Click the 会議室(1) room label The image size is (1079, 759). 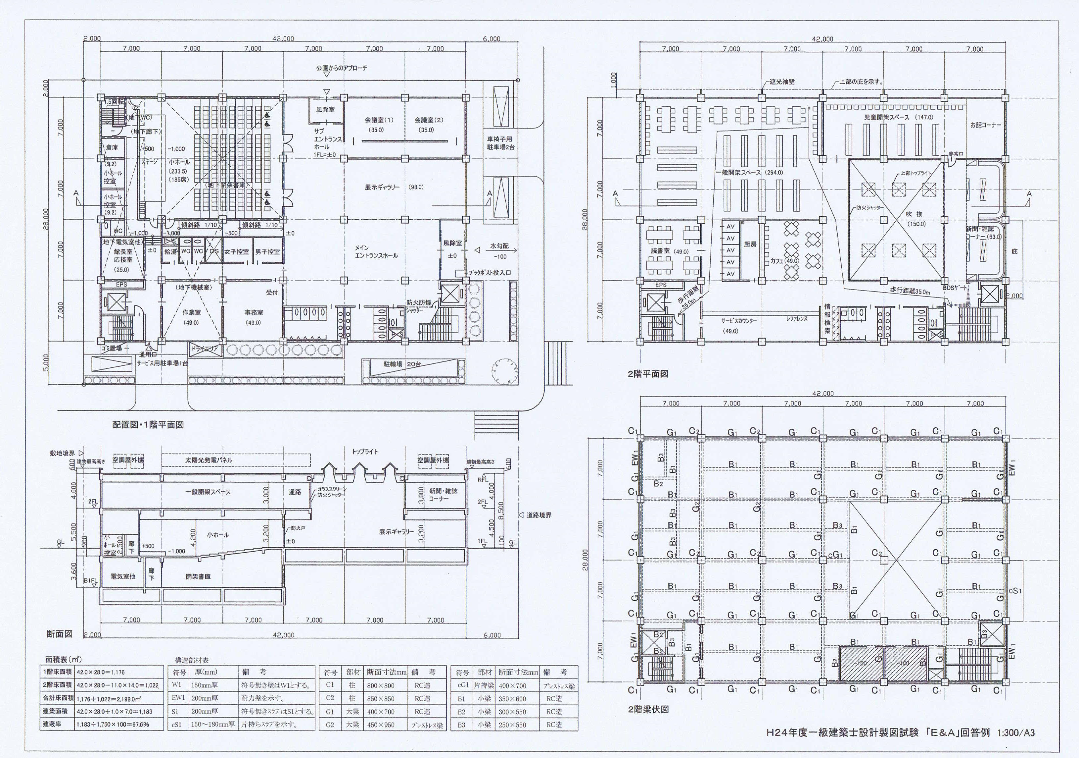pos(379,120)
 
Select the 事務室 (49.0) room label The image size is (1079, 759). pos(253,313)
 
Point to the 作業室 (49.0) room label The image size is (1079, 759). pos(191,313)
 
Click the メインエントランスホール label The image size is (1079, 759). pos(376,251)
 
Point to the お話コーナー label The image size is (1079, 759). pos(985,125)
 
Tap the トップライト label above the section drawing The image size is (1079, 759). pos(365,452)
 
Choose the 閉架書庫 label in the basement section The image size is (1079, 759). pos(198,576)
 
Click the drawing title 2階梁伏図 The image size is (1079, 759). pos(648,709)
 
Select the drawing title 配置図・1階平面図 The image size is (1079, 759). pos(148,425)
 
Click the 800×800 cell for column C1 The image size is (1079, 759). pos(381,685)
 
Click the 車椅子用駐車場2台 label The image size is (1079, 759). pos(499,143)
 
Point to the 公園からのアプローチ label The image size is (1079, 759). pos(342,68)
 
